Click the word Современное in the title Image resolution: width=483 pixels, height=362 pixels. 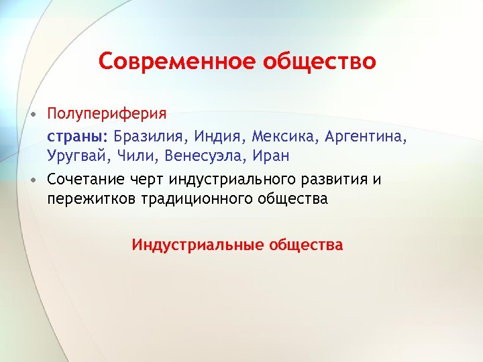[x=172, y=62]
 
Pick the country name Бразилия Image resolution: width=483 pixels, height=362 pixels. [x=149, y=137]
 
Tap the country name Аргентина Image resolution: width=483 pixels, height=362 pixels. [x=366, y=137]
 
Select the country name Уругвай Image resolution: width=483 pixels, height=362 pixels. [x=74, y=156]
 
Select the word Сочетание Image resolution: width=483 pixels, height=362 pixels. [x=85, y=180]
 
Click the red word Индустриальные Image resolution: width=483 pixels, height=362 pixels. [x=197, y=245]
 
